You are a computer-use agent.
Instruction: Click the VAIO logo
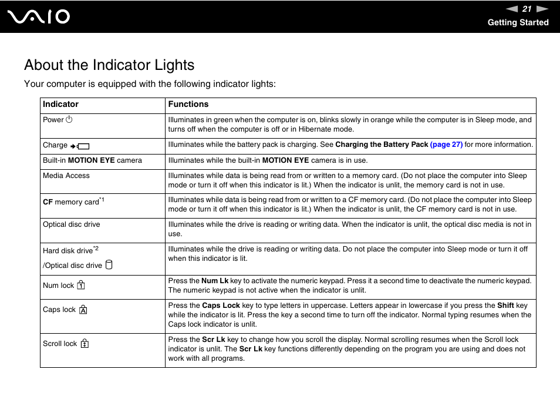(x=39, y=16)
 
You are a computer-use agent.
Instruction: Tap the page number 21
(x=527, y=9)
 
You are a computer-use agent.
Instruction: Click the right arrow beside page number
(x=542, y=9)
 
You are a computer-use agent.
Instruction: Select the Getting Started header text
(x=518, y=22)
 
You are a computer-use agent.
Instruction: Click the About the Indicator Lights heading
(x=109, y=65)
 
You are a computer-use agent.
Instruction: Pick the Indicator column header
(x=60, y=105)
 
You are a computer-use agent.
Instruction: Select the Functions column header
(x=188, y=105)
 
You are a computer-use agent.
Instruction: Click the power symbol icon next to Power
(x=69, y=120)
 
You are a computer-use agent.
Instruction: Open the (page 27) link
(x=446, y=145)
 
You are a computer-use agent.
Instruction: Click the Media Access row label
(x=66, y=176)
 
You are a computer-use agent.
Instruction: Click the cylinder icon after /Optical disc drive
(x=109, y=265)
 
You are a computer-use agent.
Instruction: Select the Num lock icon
(x=81, y=286)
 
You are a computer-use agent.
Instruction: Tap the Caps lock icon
(x=83, y=310)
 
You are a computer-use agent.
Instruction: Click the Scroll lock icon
(x=85, y=344)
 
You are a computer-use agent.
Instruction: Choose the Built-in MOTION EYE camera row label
(x=92, y=160)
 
